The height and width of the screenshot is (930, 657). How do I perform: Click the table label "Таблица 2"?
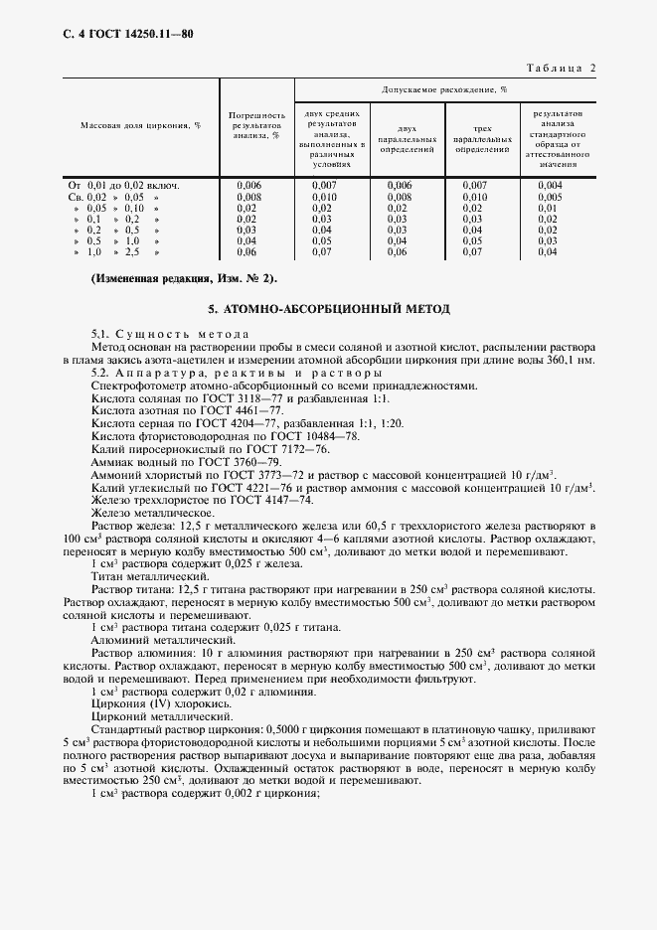pos(563,67)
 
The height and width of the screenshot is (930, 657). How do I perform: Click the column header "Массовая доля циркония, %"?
pos(140,126)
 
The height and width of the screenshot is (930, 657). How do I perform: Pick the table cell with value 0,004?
pos(550,185)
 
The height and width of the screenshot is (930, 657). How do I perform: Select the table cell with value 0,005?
pos(550,197)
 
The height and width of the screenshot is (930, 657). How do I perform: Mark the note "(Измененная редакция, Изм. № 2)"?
pos(184,278)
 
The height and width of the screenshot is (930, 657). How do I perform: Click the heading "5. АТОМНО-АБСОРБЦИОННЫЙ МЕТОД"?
pos(328,309)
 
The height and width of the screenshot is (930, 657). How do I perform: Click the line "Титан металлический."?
pos(150,575)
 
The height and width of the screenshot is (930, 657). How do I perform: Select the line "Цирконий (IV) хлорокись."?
pos(160,702)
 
